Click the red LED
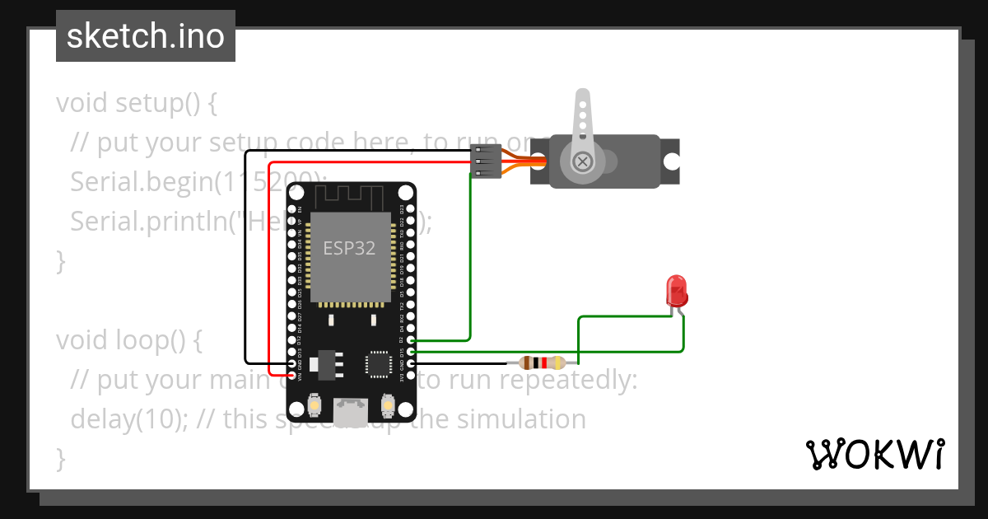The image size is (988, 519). (x=677, y=291)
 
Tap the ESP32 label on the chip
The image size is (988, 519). (x=349, y=248)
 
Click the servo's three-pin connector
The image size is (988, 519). (x=486, y=161)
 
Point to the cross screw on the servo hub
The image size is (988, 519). (x=584, y=161)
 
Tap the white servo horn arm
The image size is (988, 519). (x=582, y=115)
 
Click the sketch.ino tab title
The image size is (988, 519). (x=146, y=36)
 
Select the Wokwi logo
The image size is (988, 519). (x=874, y=454)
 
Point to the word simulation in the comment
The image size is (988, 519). (x=521, y=418)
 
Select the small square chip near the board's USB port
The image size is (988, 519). (x=379, y=363)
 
